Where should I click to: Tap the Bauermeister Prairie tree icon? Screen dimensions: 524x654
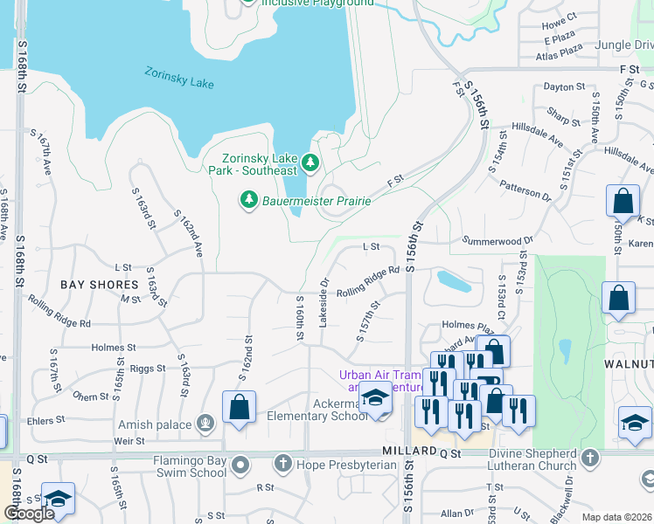pos(249,201)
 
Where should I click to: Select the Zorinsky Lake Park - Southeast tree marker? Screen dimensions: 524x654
pos(310,162)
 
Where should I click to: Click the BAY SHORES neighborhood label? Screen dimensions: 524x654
pos(100,285)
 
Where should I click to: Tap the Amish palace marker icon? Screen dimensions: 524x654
pos(205,424)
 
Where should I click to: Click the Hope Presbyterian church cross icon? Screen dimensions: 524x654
pos(282,462)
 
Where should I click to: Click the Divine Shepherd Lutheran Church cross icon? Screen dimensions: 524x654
pos(590,458)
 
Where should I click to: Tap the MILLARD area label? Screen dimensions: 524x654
pos(409,450)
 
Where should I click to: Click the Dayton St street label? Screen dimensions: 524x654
pos(563,87)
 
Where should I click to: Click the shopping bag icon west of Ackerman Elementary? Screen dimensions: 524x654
pos(239,407)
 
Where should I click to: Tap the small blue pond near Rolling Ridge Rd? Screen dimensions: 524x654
pos(453,281)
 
